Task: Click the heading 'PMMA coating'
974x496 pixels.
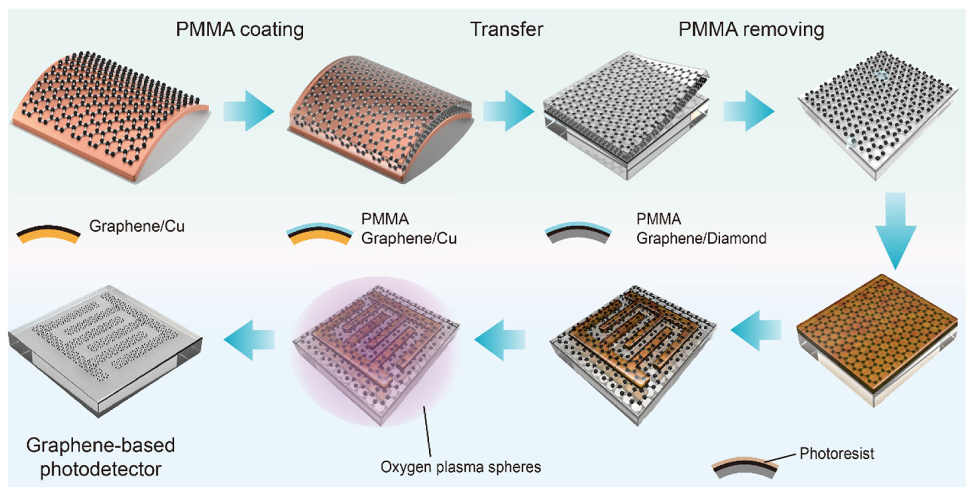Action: point(239,30)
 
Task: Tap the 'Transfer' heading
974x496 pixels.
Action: point(506,30)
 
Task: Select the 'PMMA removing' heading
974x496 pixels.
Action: point(751,30)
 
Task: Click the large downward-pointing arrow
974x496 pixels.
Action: point(895,230)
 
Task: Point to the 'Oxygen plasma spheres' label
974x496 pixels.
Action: point(460,467)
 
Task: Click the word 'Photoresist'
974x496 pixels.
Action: point(836,453)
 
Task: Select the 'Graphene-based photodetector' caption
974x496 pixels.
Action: point(101,457)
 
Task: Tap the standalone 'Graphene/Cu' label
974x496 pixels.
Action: point(137,226)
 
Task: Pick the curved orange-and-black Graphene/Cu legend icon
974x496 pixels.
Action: point(48,235)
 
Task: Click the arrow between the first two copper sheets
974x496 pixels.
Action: point(248,111)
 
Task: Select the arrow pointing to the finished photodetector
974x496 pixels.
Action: point(250,339)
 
